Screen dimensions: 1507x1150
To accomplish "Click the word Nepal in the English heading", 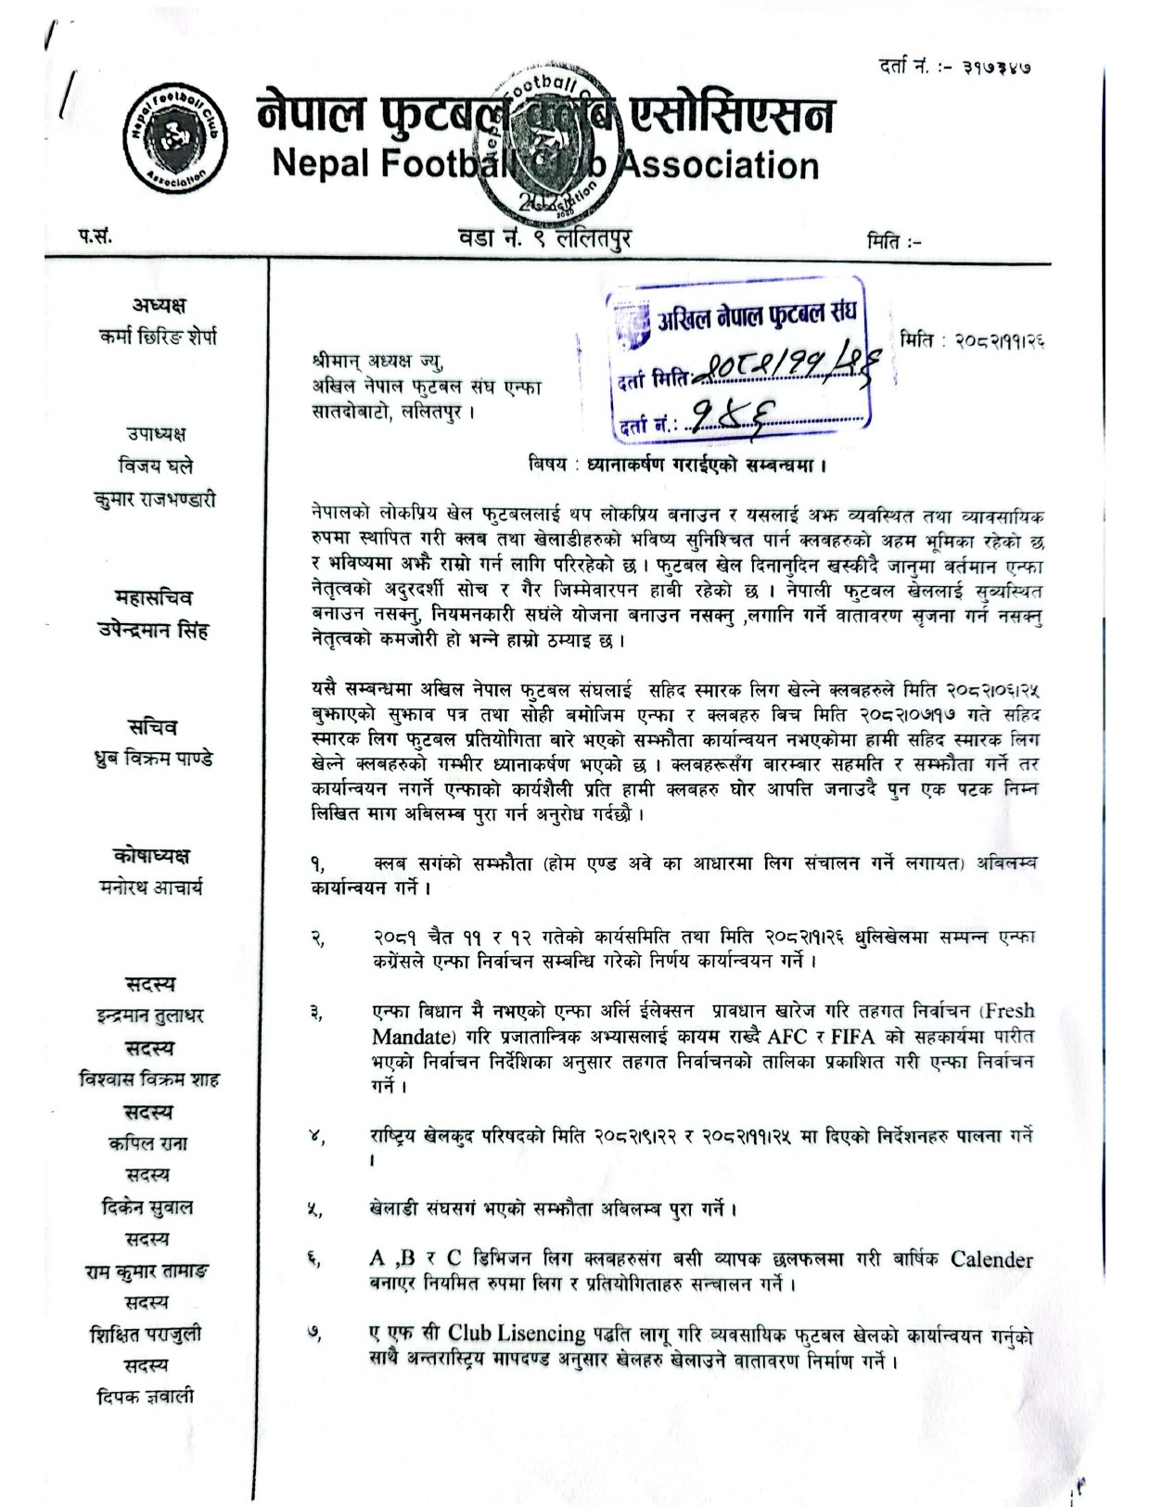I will point(318,164).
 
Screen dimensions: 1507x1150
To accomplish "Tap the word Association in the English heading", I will point(717,166).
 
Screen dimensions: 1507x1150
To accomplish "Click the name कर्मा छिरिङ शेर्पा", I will point(158,337).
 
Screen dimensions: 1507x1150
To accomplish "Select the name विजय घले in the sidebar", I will point(155,466).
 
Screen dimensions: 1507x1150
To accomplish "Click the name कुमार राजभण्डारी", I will point(155,499).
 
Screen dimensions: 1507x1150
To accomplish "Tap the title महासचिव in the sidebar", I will point(155,597).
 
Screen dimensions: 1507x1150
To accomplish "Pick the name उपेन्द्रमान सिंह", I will point(155,630).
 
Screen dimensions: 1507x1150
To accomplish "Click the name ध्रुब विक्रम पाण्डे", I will point(155,759).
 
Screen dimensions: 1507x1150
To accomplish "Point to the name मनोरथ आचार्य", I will point(151,888).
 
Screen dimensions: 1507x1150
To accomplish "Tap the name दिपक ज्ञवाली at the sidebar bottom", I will point(146,1397).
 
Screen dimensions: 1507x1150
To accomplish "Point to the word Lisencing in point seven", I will point(541,1334).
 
